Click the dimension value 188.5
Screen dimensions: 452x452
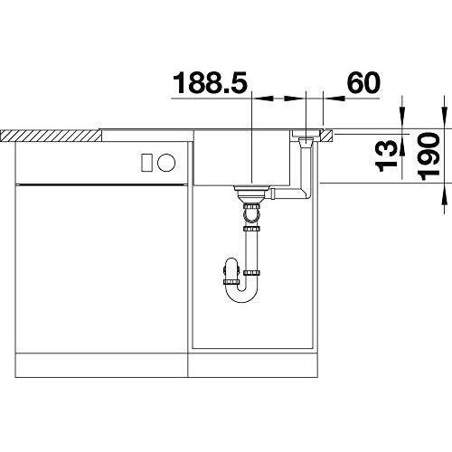coord(210,83)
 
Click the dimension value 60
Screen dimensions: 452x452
coord(362,83)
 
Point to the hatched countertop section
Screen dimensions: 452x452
coord(50,135)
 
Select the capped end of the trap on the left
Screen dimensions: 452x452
coord(227,271)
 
